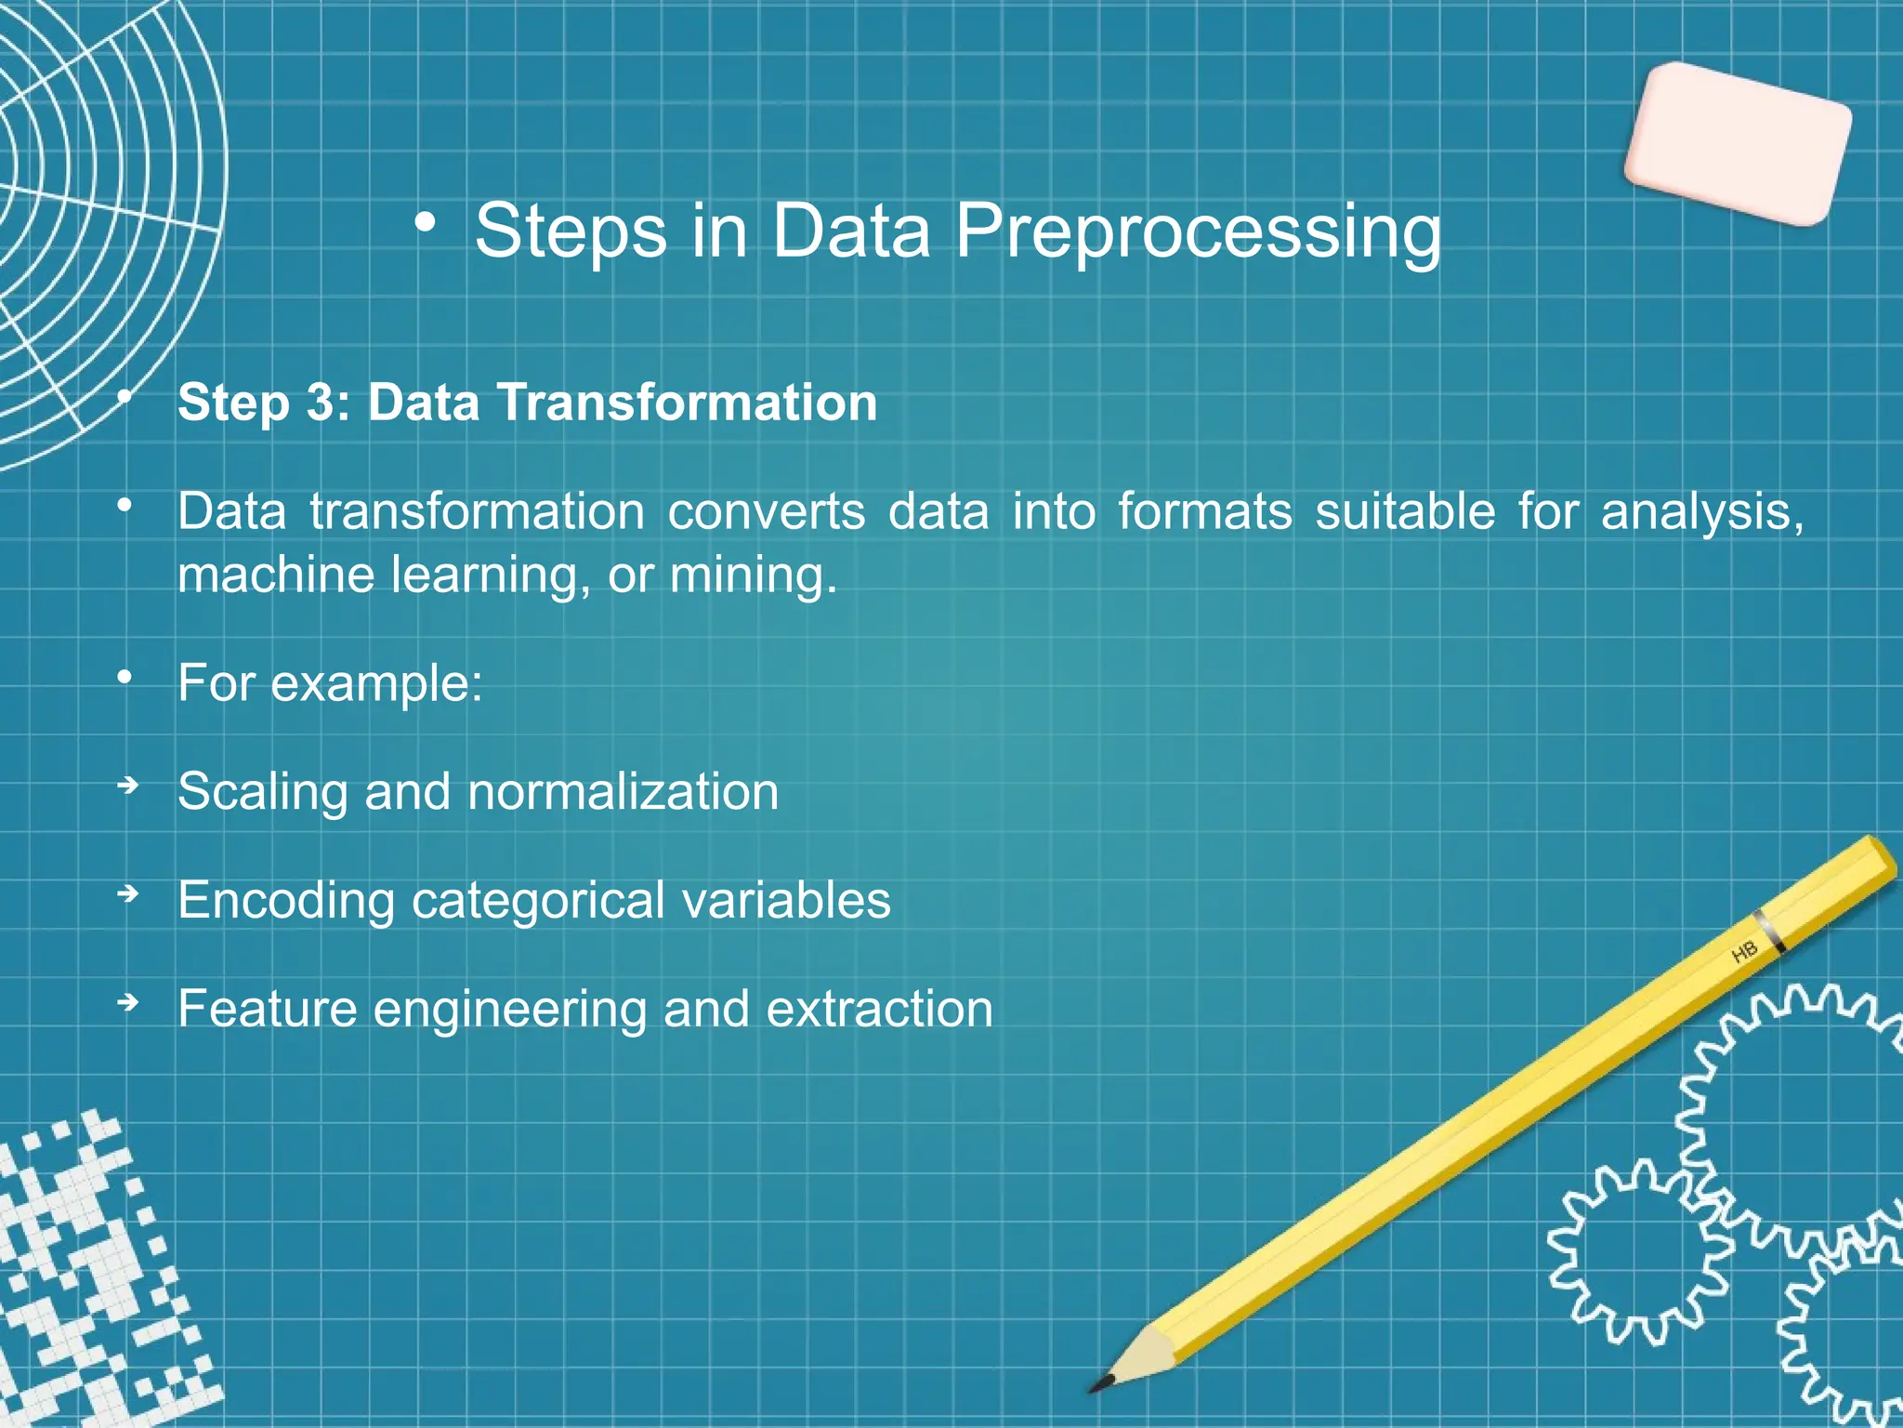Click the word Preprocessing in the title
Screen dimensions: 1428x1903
1198,231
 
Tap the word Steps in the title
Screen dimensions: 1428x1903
571,231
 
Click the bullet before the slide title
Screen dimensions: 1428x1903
426,223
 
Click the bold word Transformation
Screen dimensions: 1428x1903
687,403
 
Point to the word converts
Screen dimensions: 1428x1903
766,512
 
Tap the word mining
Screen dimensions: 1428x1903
753,575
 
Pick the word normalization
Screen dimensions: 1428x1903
623,793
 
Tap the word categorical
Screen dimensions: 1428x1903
538,901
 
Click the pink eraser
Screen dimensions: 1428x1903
1738,144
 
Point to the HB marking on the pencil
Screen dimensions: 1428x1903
1744,952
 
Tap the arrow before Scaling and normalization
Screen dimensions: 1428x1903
128,787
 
